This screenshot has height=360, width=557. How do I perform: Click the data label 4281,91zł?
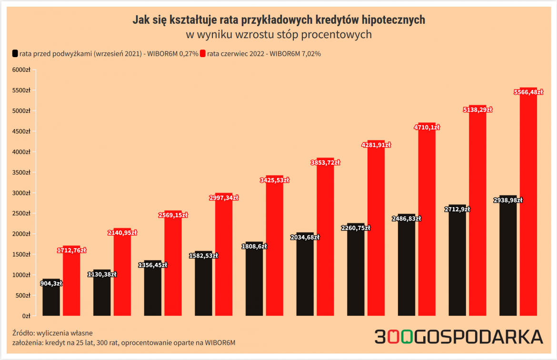point(376,145)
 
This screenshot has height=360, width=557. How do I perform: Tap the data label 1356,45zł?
point(152,265)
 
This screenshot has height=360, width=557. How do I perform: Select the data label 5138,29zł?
point(477,110)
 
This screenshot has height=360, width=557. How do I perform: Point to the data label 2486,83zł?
point(406,219)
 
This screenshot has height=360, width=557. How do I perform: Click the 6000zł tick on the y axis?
point(21,70)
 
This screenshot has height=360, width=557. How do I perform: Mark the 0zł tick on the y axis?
point(27,316)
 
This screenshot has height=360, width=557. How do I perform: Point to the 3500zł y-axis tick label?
point(21,172)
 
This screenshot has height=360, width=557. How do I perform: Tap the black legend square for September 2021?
point(15,53)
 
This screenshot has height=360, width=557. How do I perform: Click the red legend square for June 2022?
point(203,53)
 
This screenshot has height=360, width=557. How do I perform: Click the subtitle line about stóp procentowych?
point(278,35)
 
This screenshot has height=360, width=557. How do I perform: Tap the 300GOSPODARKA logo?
point(458,337)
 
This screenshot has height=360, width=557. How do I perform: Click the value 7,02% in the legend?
point(310,54)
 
